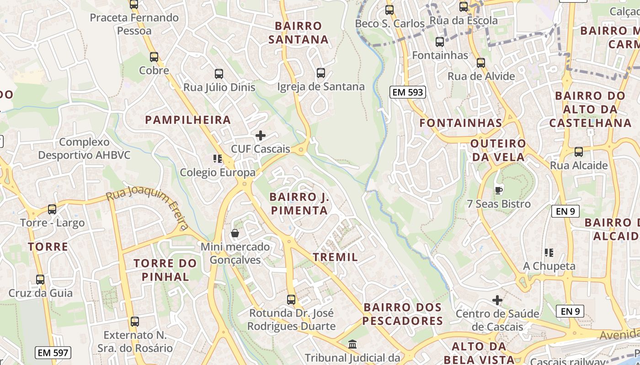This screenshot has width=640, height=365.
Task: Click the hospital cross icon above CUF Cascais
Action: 261,136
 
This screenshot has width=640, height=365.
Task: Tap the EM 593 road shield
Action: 408,92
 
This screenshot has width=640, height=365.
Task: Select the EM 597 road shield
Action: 53,352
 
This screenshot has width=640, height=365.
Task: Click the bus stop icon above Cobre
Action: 154,57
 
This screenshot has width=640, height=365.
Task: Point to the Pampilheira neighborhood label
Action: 188,120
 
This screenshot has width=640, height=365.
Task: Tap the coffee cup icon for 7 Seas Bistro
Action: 499,190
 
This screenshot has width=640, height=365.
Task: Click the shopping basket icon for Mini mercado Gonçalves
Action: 235,234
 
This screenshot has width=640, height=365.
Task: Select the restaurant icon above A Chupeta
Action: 549,252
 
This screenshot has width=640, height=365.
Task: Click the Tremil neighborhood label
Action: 336,257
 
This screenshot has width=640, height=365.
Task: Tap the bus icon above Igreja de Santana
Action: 321,73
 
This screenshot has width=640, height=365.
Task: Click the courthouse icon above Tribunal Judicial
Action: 352,344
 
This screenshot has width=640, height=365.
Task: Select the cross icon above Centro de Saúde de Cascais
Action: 497,300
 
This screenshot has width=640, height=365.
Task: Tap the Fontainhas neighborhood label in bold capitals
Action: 461,123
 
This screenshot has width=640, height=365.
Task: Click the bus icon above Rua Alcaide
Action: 579,152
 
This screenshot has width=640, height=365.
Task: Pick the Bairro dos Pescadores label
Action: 403,314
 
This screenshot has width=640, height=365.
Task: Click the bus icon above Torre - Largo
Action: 52,209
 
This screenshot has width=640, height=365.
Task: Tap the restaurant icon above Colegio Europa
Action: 218,159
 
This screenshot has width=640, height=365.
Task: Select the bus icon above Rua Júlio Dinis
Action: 219,74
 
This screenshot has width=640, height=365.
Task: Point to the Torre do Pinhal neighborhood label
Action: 165,270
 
